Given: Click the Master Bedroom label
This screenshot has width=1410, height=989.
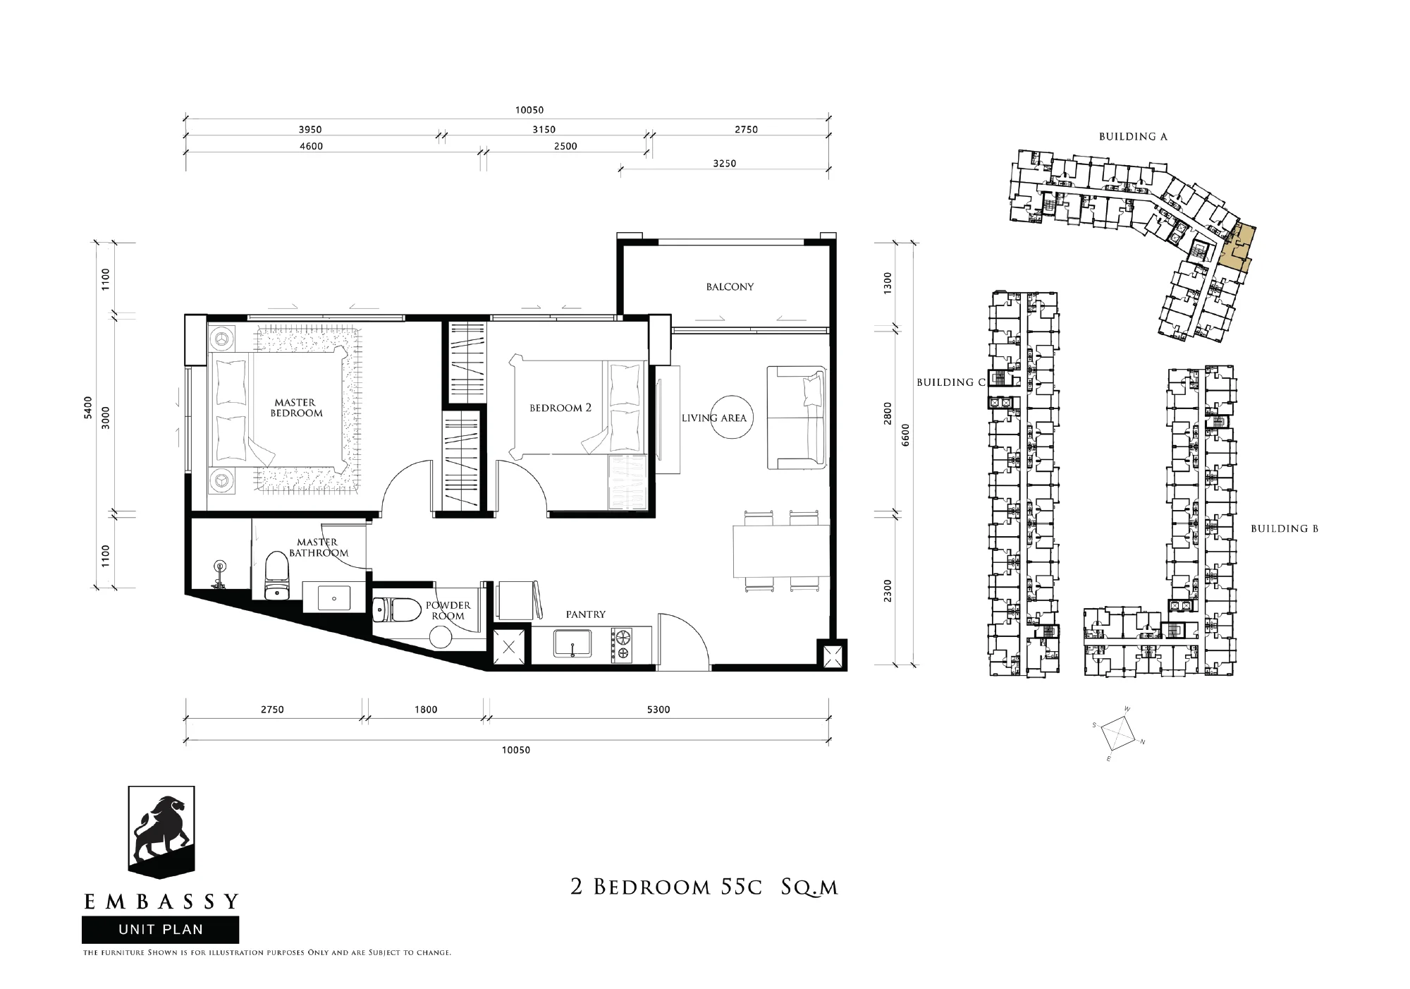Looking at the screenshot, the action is coord(296,408).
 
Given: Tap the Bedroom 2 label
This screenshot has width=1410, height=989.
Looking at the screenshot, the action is coord(560,408).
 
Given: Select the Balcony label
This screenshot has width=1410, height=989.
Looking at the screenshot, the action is coord(730,287).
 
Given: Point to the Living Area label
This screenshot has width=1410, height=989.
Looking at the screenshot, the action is coord(713,418).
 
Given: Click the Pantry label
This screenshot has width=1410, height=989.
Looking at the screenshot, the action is coord(585,614).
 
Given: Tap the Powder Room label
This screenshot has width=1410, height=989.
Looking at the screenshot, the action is coord(448,610).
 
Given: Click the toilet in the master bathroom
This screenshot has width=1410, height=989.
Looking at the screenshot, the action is coord(276,576).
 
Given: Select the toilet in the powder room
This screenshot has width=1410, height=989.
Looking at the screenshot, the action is coord(390,610).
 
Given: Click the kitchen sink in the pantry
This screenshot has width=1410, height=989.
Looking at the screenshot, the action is coord(572,643).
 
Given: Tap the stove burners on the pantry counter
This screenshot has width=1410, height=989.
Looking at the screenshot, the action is coord(623,645).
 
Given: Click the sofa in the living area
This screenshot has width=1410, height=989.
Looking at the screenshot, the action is coord(797,417).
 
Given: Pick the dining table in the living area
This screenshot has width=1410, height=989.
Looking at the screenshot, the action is coord(781,551).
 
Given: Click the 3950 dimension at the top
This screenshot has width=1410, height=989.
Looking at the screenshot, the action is coord(310,130).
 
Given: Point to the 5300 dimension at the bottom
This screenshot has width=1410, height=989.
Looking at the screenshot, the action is coord(658,710).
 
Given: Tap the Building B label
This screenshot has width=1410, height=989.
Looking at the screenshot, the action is coord(1285,528).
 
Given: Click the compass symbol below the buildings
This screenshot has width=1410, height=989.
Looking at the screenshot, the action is coord(1118,734).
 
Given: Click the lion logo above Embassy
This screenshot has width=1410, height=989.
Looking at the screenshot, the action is coord(161,832).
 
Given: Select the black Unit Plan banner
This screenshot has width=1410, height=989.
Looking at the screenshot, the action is coord(161,930).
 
